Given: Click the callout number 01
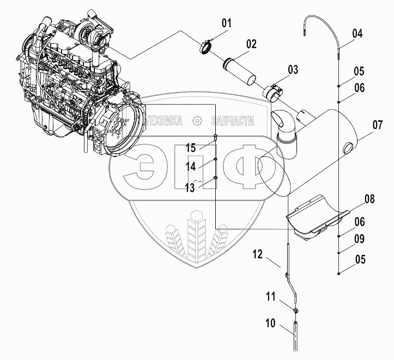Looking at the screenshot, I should tap(226, 23).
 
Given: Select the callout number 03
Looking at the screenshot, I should tap(293, 70).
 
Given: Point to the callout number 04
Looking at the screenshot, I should tap(357, 33).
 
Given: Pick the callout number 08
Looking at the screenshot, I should tap(370, 199).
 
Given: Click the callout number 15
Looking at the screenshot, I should tap(190, 147).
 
